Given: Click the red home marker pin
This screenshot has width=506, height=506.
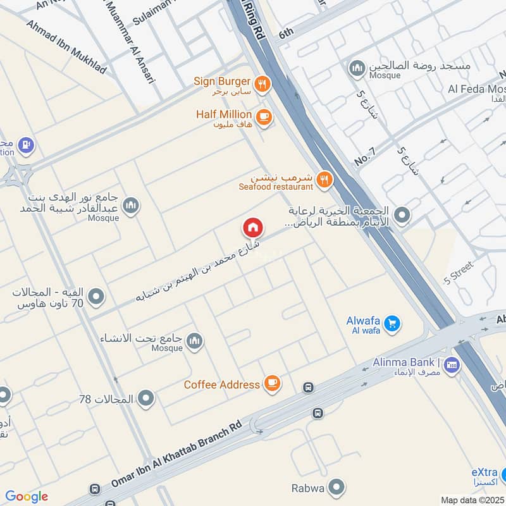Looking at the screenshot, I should coord(252,228).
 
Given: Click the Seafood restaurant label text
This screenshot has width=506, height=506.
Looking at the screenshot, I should coord(276,187).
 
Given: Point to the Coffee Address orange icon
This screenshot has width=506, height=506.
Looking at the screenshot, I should coord(272,383).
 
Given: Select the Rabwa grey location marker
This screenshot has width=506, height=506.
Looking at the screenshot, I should coord(337,488).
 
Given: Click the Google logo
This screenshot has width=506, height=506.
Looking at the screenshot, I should coord(27,497).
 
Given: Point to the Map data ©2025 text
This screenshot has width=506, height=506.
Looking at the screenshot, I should coord(472,500).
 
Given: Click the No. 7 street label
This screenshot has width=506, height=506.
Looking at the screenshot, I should coord(365,157).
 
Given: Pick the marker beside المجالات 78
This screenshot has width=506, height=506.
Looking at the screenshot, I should coord(146,398).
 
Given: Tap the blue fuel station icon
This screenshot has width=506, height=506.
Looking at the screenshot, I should coord(26,145).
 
